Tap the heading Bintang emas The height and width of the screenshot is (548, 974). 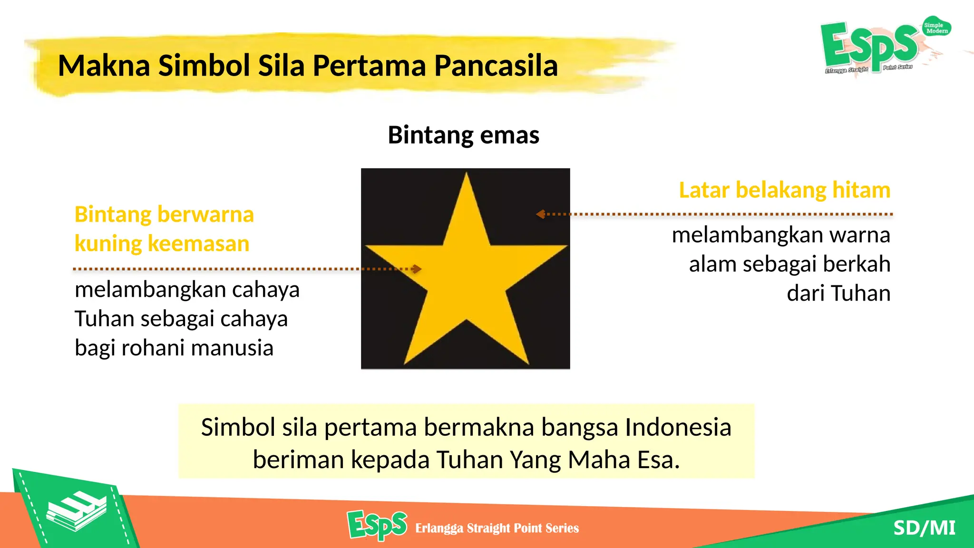[464, 135]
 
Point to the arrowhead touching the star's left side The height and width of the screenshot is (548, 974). [417, 269]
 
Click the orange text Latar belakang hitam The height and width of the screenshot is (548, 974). [784, 190]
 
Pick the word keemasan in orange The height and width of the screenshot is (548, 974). [198, 244]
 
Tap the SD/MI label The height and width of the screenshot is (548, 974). [924, 528]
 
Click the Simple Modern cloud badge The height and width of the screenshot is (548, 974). [936, 28]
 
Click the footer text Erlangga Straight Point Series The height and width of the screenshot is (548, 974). [497, 528]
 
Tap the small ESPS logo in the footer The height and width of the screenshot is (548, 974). [377, 525]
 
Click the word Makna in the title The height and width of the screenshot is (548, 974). [104, 66]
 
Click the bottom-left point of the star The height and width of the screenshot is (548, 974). [406, 363]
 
